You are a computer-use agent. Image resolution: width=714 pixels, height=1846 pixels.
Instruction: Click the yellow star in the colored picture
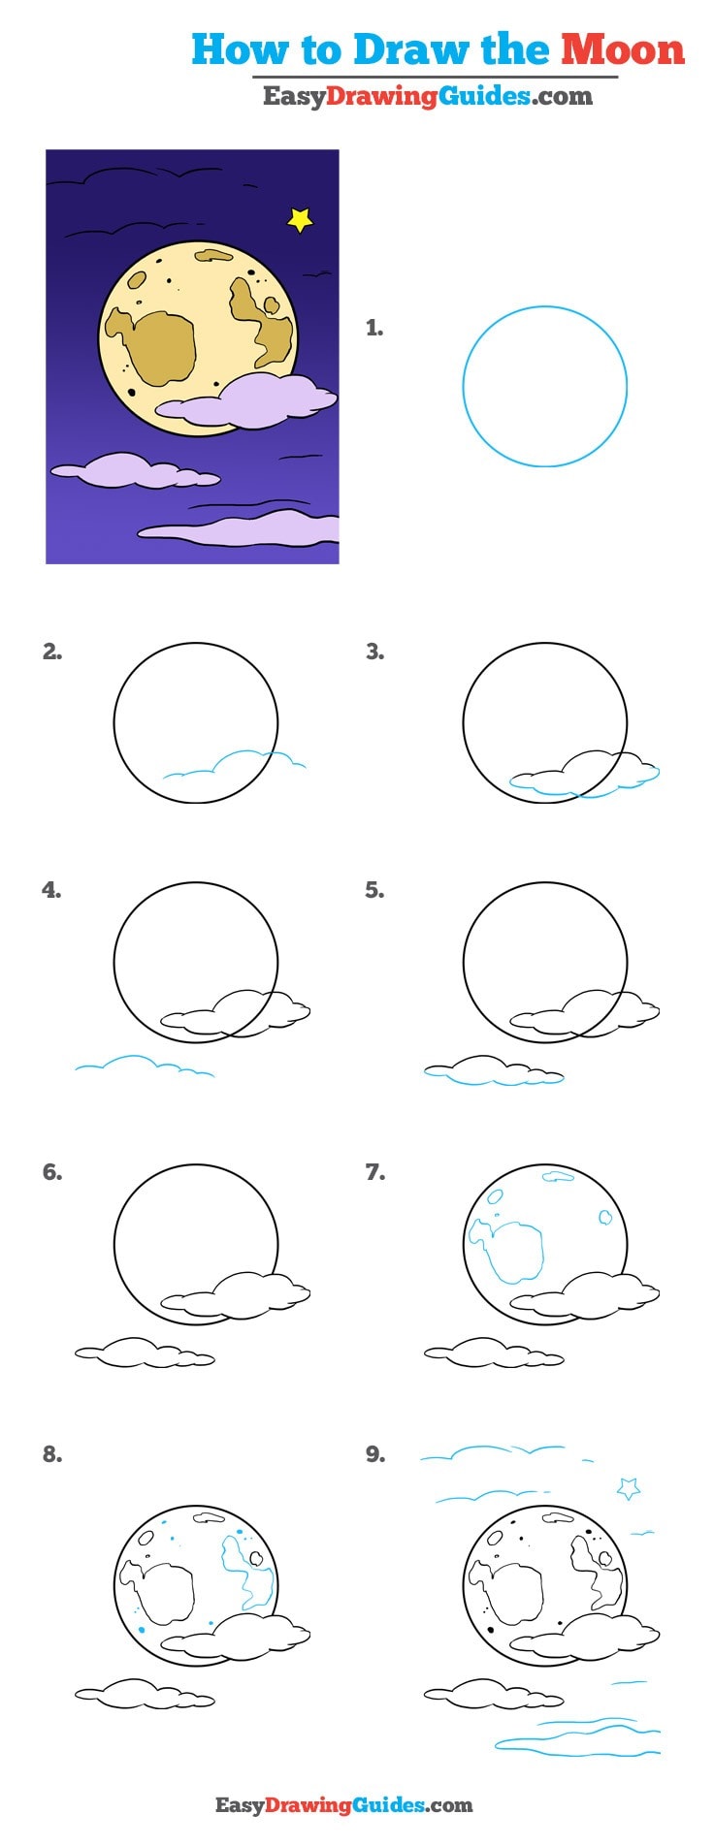pyautogui.click(x=301, y=220)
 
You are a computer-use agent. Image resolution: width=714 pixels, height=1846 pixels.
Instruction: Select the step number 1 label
pyautogui.click(x=374, y=329)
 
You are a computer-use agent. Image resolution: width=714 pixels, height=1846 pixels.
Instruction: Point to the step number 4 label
pyautogui.click(x=51, y=890)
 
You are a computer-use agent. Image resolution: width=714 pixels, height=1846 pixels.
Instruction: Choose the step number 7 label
pyautogui.click(x=374, y=1172)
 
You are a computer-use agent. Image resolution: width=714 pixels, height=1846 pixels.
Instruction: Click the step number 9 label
pyautogui.click(x=374, y=1454)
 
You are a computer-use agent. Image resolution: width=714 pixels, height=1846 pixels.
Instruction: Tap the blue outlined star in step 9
pyautogui.click(x=629, y=1487)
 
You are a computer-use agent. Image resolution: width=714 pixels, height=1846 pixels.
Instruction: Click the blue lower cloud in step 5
pyautogui.click(x=493, y=1071)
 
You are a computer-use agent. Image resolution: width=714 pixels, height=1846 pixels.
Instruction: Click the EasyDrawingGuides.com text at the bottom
pyautogui.click(x=343, y=1804)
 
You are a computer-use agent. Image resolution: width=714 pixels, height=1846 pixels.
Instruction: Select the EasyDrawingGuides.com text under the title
pyautogui.click(x=427, y=95)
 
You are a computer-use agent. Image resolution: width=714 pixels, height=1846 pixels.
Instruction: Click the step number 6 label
pyautogui.click(x=51, y=1172)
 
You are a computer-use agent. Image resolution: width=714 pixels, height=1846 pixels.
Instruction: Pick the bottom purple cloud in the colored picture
pyautogui.click(x=243, y=530)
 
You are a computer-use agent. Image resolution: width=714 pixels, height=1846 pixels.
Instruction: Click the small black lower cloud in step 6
pyautogui.click(x=144, y=1353)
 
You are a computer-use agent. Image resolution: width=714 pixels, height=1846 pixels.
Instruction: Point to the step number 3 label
pyautogui.click(x=374, y=652)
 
